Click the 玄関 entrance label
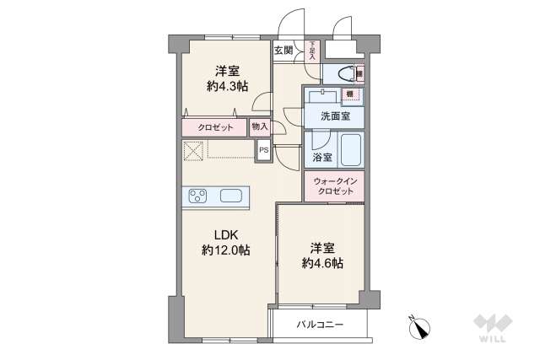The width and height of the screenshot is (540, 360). tap(283, 50)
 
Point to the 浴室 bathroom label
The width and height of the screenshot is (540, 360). tap(322, 158)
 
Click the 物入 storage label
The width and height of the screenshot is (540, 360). tap(260, 126)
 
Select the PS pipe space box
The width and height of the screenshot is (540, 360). tap(263, 151)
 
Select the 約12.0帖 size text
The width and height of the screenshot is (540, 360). tap(225, 250)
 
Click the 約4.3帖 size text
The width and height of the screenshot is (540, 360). tap(225, 85)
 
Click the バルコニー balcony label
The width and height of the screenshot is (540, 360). tap(320, 324)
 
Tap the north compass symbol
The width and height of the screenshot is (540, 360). tap(419, 325)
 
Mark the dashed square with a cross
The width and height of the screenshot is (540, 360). tap(194, 151)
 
